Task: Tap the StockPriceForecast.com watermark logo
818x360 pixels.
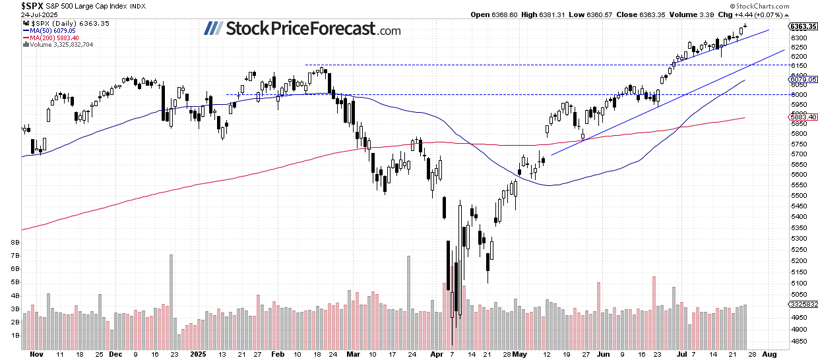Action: point(302,28)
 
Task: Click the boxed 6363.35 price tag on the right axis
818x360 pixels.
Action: point(803,26)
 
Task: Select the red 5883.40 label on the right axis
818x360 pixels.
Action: point(802,117)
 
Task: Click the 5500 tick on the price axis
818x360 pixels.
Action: point(798,195)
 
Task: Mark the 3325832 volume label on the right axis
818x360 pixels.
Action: point(803,304)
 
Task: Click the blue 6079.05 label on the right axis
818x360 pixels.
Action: point(802,78)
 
